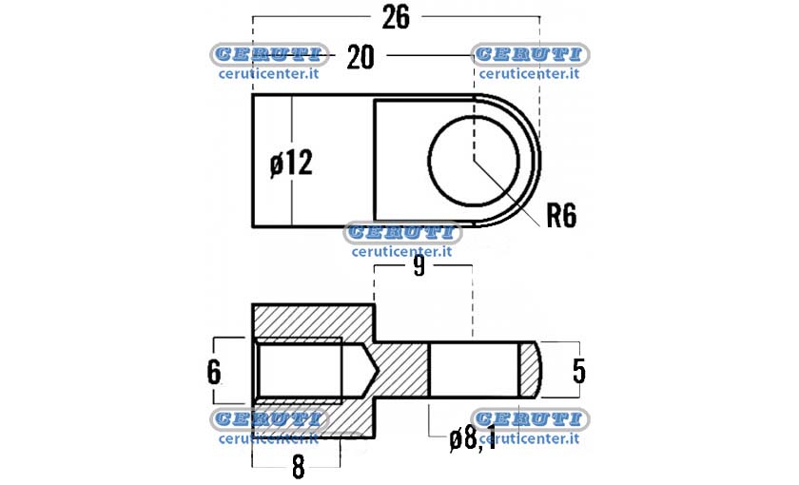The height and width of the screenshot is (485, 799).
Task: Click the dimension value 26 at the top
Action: click(x=396, y=17)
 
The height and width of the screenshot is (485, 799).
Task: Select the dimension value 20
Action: click(x=361, y=56)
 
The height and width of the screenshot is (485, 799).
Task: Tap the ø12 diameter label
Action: click(x=291, y=164)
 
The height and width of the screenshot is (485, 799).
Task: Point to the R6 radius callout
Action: click(x=561, y=216)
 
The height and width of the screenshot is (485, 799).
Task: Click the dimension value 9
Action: click(x=419, y=266)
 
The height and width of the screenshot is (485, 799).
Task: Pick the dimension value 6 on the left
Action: click(x=214, y=372)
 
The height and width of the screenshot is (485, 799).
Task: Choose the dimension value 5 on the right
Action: click(x=579, y=371)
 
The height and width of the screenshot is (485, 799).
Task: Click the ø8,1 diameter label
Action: click(x=473, y=438)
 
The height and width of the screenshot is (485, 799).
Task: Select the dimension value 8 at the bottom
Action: click(x=298, y=466)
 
